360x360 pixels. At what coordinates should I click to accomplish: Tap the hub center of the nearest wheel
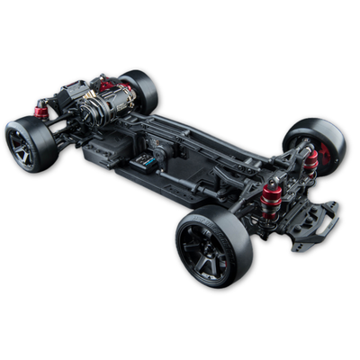point(206,247)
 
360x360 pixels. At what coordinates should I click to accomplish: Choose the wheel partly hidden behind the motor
point(139,89)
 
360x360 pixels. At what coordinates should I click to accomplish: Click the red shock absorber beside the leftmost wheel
point(41,112)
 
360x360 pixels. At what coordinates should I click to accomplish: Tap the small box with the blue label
point(144,162)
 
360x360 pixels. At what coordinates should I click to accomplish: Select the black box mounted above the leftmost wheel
point(72,94)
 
